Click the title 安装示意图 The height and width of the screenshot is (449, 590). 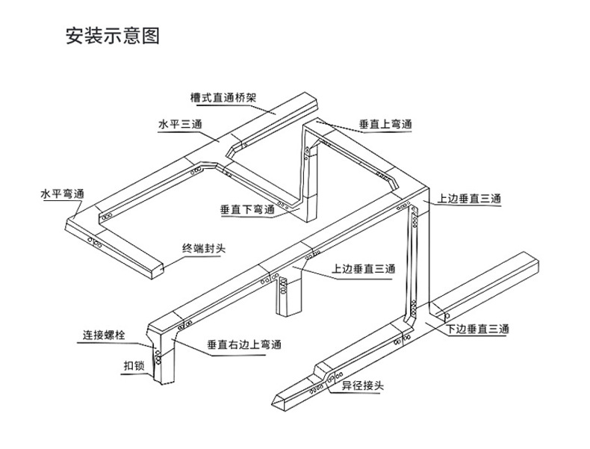coord(113,36)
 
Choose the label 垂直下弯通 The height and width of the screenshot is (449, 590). coord(247,210)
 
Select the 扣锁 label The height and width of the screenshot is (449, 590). coord(134,366)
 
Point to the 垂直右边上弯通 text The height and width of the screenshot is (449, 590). coord(244,345)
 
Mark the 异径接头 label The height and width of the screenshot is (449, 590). coord(363,386)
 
